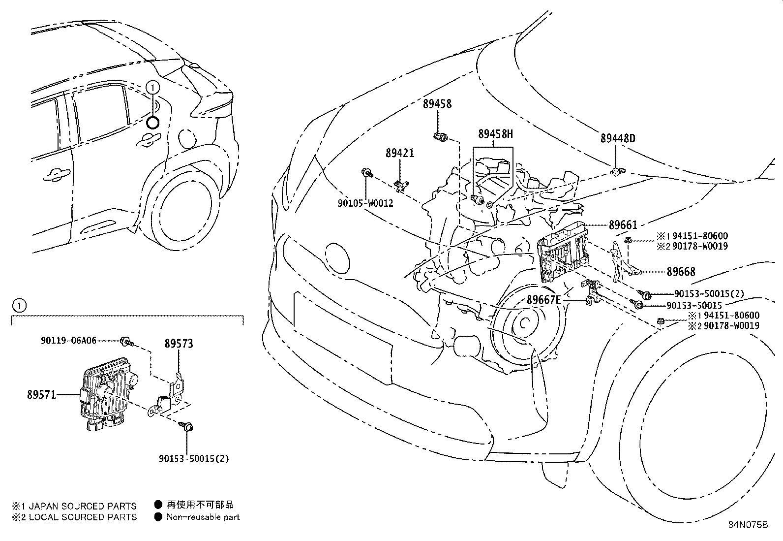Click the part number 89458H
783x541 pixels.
click(x=495, y=134)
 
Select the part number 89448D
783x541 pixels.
click(x=617, y=139)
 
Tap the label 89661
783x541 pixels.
click(x=623, y=225)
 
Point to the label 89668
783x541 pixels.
click(x=681, y=272)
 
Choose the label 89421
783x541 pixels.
click(x=399, y=153)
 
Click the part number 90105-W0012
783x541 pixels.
click(x=365, y=203)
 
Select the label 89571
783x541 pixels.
click(x=42, y=394)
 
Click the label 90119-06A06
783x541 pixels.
click(x=68, y=340)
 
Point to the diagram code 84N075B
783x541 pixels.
click(x=748, y=525)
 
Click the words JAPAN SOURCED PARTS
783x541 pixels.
click(x=83, y=506)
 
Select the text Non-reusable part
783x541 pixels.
click(x=203, y=517)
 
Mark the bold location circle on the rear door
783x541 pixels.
click(x=153, y=123)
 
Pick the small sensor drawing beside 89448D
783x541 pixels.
click(x=616, y=172)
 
